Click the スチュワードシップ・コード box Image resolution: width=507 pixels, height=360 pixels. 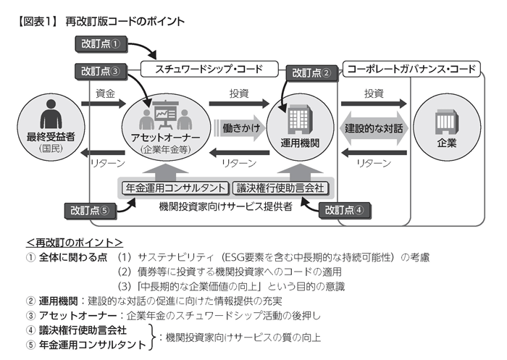209,70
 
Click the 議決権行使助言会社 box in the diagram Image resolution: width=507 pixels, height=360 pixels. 281,188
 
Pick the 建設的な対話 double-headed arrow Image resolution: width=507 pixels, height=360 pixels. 374,128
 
